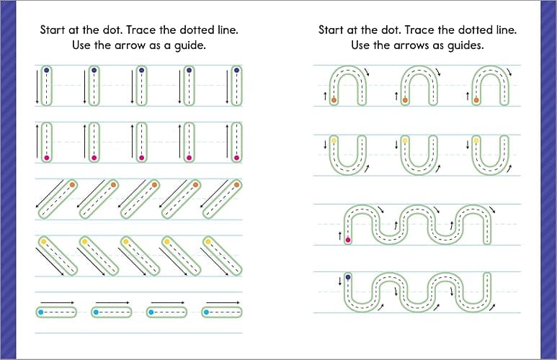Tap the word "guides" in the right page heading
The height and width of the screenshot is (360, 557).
(463, 45)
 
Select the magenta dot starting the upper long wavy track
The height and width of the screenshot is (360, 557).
(349, 240)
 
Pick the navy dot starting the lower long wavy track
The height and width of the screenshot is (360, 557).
(349, 276)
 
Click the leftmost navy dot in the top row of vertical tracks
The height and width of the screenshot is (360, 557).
(46, 71)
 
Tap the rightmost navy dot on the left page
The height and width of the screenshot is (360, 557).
(235, 71)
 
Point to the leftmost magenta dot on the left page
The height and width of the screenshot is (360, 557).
(46, 157)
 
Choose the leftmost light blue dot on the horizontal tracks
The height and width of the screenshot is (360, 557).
(41, 312)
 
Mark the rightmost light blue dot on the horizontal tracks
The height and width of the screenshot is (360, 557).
(205, 312)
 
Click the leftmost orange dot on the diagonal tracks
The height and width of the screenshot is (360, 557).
(73, 185)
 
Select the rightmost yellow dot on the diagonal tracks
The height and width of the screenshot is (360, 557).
(207, 241)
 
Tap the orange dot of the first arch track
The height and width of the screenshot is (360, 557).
(334, 100)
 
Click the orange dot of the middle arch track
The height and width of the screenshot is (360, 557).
(405, 100)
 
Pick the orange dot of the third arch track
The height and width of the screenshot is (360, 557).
(476, 100)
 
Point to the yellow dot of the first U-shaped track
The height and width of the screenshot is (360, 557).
(334, 139)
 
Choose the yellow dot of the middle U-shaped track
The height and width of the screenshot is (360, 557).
(405, 139)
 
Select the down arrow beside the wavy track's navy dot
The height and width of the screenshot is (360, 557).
(339, 282)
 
